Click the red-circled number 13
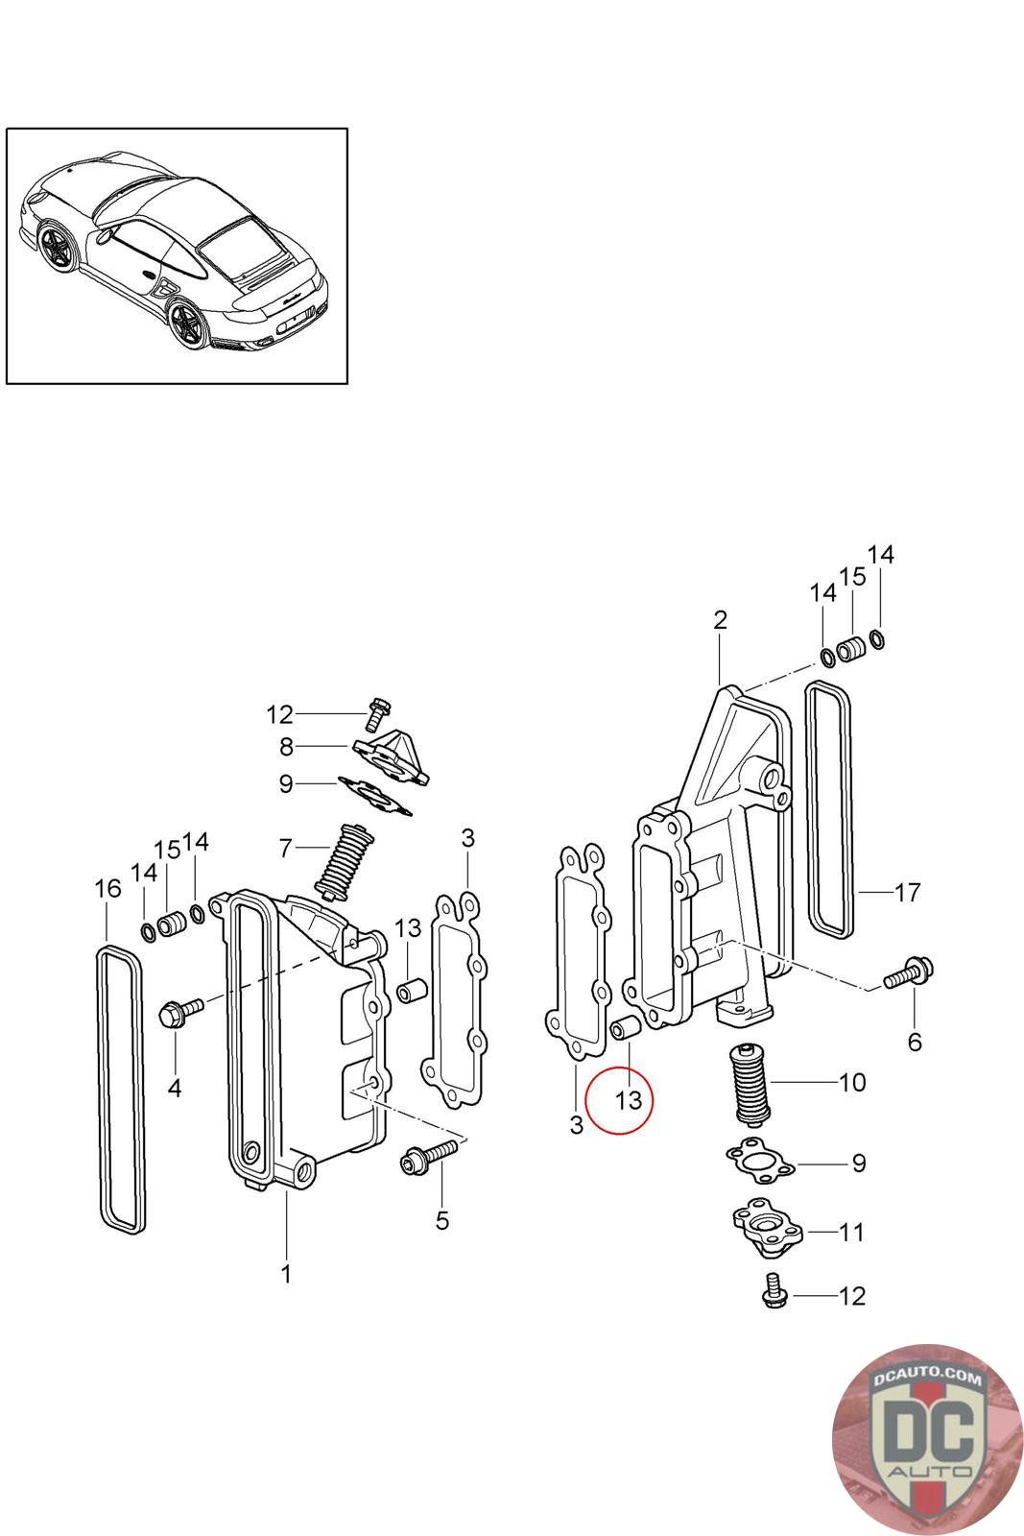(x=628, y=1100)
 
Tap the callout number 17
(x=908, y=892)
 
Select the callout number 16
(x=107, y=889)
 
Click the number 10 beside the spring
(x=852, y=1082)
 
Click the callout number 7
(x=286, y=849)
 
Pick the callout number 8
(x=287, y=747)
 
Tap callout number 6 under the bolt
(x=915, y=1043)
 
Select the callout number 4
(x=175, y=1088)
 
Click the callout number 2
(x=720, y=620)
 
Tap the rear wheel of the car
(x=185, y=324)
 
